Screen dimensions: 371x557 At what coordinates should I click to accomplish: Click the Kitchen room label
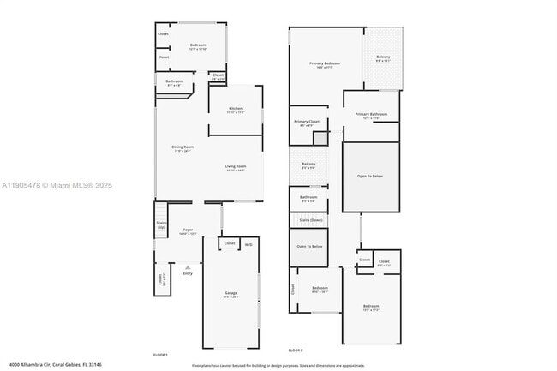236,109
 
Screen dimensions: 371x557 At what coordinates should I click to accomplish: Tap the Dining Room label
183,147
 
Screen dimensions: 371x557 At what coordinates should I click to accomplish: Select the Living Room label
236,167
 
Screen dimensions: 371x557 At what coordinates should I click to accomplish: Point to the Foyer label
188,229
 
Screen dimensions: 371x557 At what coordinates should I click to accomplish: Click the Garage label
230,294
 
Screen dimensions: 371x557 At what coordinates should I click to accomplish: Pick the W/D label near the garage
249,244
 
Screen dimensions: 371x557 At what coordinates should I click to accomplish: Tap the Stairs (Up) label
161,225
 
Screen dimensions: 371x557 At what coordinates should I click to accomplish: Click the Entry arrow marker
188,269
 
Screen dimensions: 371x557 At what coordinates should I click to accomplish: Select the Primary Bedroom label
325,63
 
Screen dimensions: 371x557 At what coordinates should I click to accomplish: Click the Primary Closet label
307,123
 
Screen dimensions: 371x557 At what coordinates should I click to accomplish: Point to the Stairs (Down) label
310,220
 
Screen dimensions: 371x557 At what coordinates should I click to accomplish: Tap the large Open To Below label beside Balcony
370,176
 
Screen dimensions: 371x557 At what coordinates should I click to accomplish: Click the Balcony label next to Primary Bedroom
383,58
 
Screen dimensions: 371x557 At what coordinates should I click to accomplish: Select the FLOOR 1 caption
160,354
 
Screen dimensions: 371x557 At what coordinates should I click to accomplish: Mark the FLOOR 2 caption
296,350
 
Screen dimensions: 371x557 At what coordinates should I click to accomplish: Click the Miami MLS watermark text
57,185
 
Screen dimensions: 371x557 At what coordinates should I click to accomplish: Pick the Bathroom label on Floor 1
174,82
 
